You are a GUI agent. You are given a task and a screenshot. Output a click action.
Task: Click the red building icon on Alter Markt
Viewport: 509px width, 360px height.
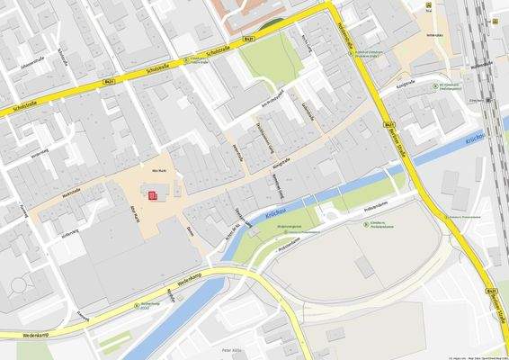point(153,194)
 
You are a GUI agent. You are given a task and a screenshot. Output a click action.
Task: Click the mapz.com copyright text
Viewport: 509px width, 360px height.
point(468,356)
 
